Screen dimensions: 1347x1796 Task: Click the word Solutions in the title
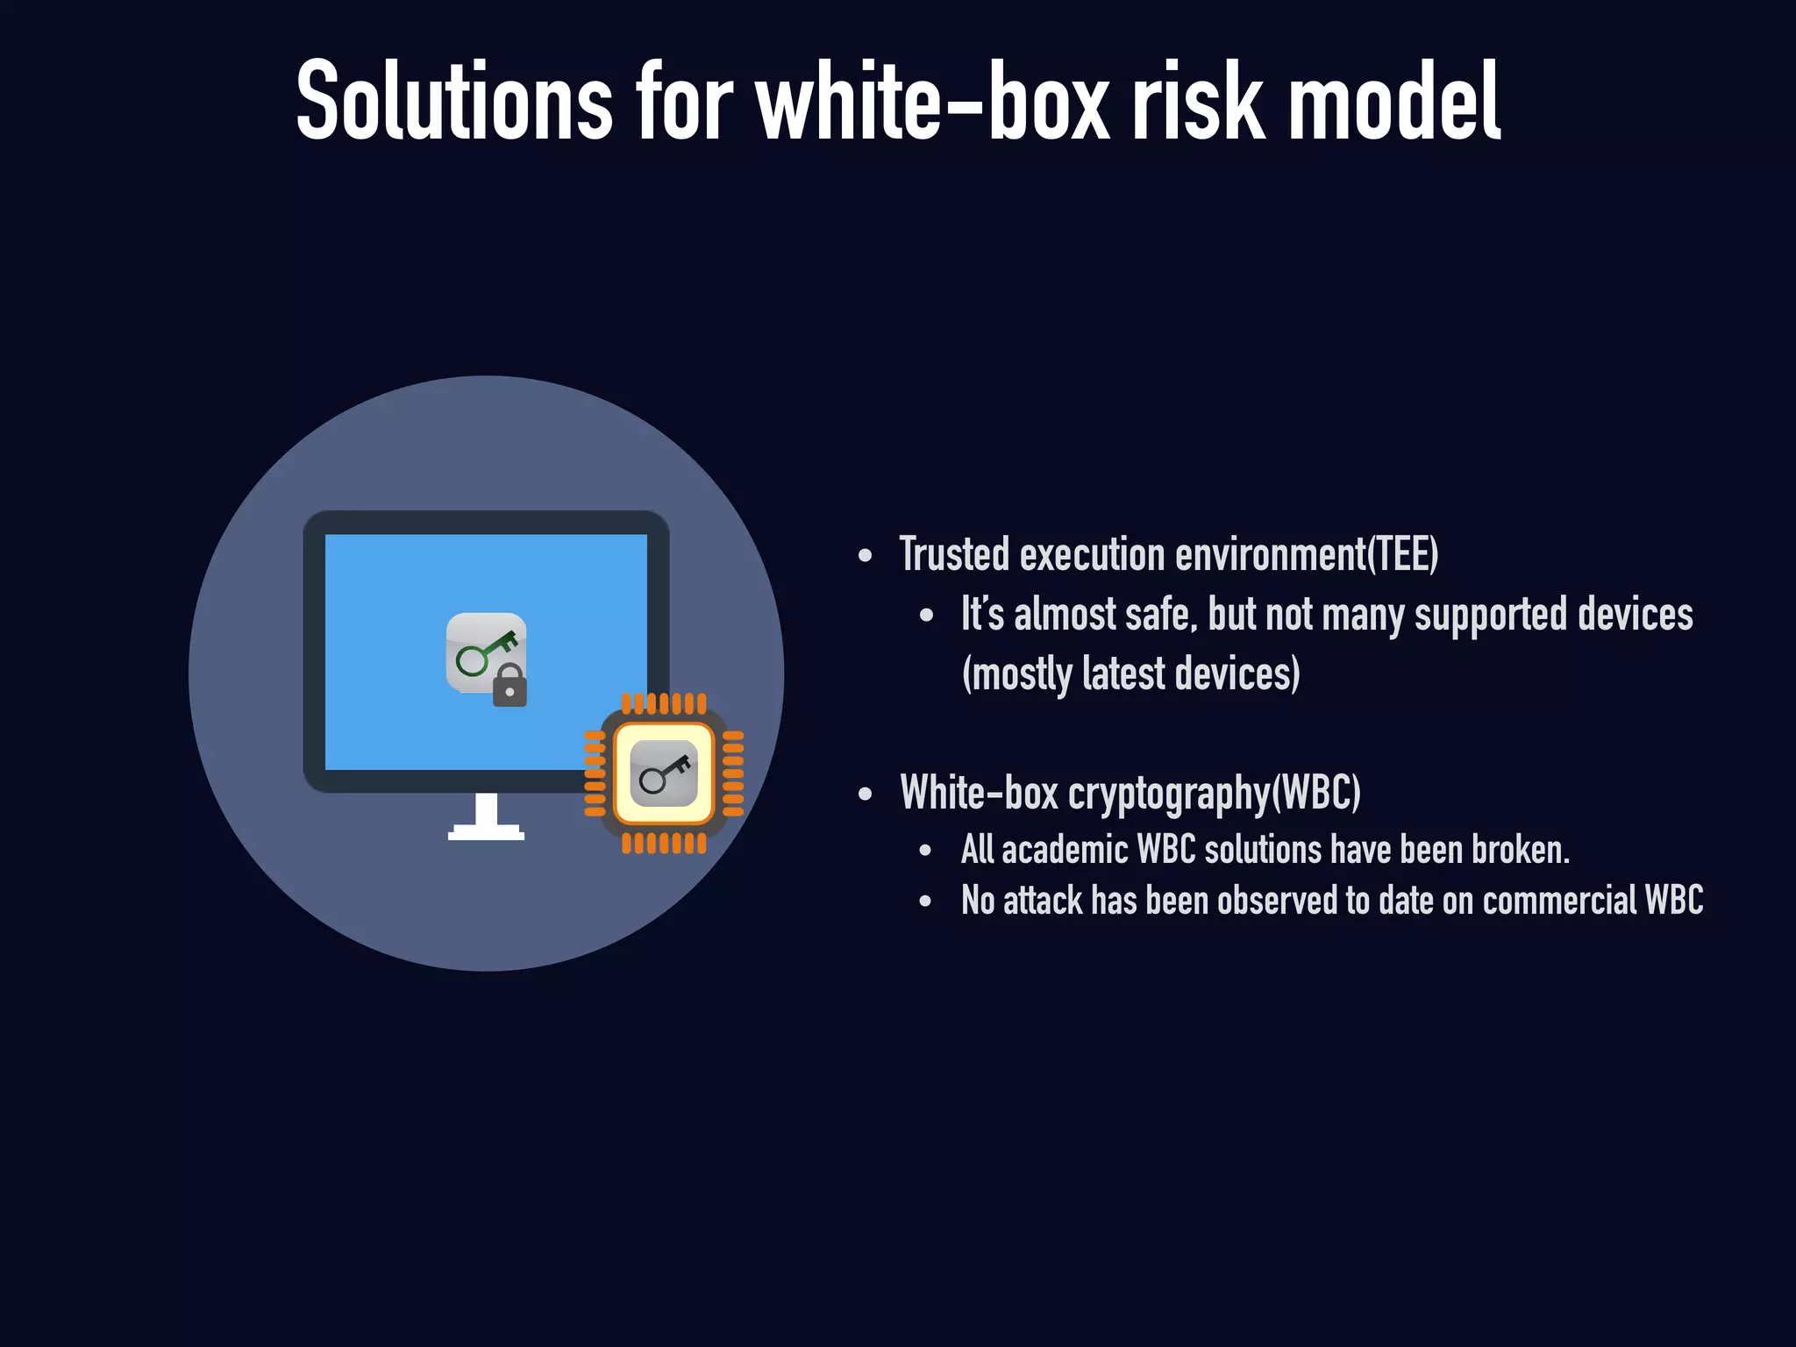[x=454, y=101]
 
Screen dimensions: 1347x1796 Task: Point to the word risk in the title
[x=1199, y=101]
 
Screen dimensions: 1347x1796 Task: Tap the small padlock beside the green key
[x=510, y=686]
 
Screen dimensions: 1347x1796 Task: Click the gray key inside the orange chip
[x=664, y=773]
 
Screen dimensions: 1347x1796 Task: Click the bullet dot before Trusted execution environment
[x=866, y=556]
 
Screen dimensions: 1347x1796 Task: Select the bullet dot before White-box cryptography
[x=866, y=795]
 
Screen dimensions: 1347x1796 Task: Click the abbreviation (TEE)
[x=1402, y=555]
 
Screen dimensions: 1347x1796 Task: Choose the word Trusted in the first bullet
[x=954, y=555]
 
